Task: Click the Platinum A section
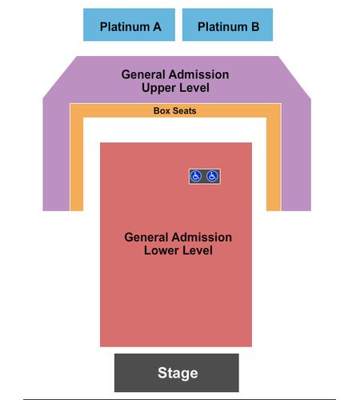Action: coord(129,25)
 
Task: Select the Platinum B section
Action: coord(227,25)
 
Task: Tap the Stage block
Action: coord(177,373)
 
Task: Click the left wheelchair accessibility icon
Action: coord(196,176)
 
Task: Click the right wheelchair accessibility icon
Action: coord(212,176)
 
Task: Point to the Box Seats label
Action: coord(175,110)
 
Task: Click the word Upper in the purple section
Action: coord(157,88)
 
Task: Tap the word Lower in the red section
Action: coord(160,250)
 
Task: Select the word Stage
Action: coord(178,373)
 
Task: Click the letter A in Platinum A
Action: coord(157,26)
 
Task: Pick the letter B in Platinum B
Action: coord(255,26)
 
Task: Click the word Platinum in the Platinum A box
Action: coord(125,26)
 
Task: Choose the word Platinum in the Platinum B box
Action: coord(222,26)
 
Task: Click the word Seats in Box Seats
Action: coord(185,110)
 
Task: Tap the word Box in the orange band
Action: coord(162,110)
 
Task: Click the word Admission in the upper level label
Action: coord(200,74)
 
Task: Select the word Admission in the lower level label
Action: coord(203,238)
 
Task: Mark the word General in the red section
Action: coord(147,238)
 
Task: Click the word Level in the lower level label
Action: coord(196,250)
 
